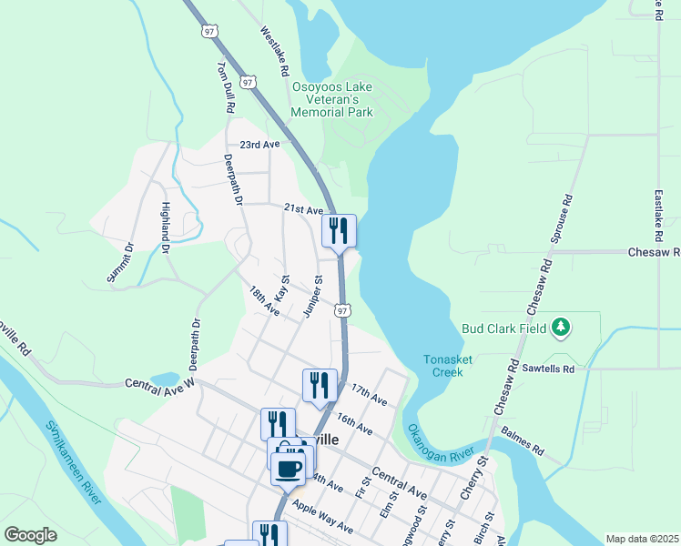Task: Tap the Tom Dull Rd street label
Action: (x=226, y=87)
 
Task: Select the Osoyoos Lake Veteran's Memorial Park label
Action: (x=332, y=100)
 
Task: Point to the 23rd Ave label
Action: (x=259, y=145)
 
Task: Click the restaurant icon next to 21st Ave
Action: (x=339, y=230)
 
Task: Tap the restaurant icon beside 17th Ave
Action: (x=320, y=385)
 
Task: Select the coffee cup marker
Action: (x=289, y=469)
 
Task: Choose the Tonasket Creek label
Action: (x=448, y=366)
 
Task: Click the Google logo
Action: (x=31, y=535)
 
